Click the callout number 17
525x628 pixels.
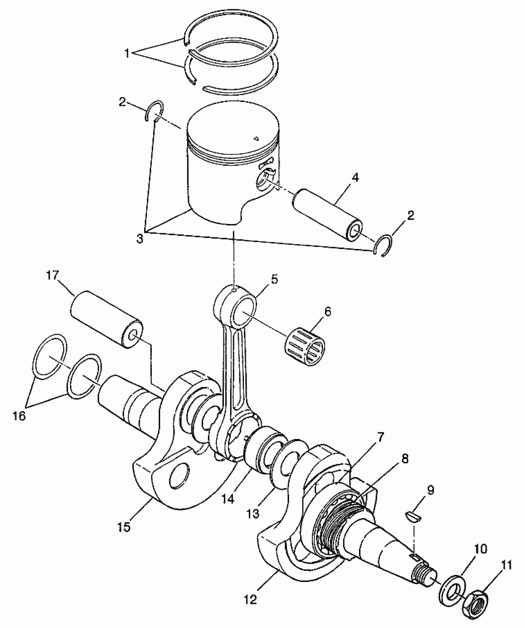[52, 276]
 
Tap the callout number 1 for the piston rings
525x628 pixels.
[127, 53]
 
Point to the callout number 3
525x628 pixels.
[140, 239]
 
